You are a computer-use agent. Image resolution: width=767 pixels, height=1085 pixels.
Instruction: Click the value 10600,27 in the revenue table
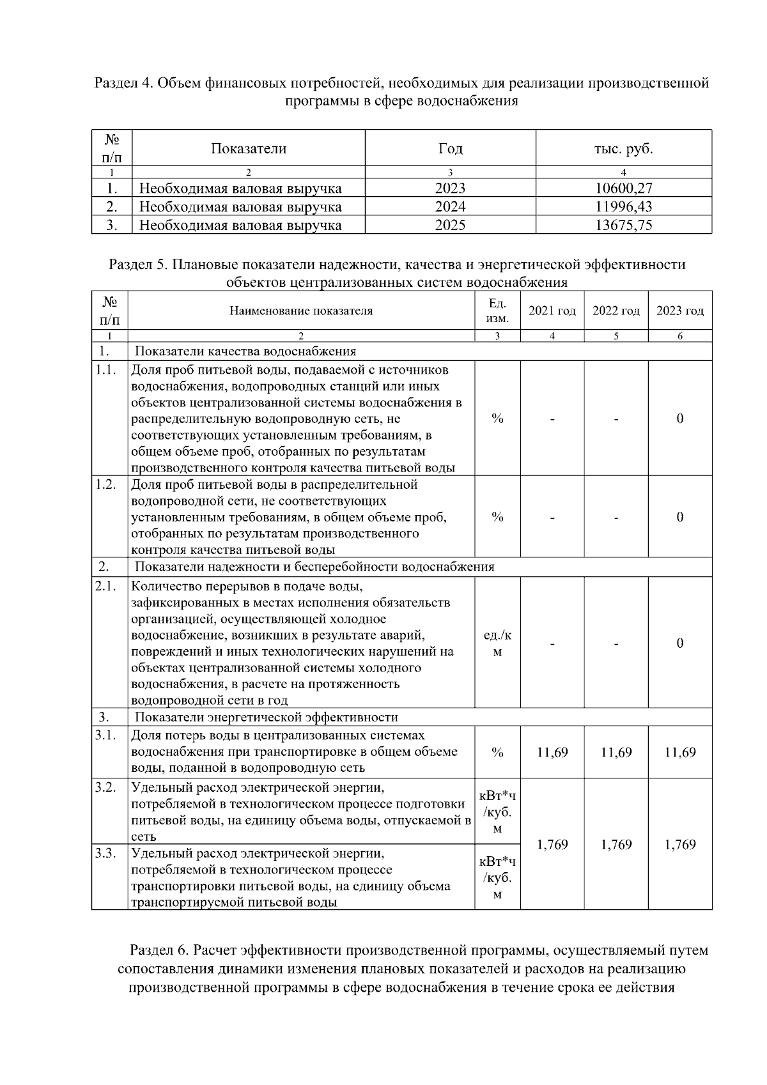(623, 189)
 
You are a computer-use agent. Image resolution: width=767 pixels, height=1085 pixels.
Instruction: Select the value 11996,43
(623, 207)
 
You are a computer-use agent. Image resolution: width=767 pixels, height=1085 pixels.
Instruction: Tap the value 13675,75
(623, 225)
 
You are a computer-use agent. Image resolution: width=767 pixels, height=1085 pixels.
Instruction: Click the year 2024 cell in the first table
(450, 207)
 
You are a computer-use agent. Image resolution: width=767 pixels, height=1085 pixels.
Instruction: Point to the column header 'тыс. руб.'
(623, 149)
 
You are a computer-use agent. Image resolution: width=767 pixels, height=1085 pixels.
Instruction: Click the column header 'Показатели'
(249, 149)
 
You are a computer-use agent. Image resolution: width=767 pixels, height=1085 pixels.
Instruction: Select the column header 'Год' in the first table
(450, 149)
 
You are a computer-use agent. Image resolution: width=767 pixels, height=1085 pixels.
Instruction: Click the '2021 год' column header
(552, 311)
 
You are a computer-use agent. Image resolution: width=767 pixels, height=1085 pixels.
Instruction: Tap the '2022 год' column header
(616, 311)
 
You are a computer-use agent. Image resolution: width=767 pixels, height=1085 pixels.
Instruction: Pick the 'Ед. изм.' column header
(497, 311)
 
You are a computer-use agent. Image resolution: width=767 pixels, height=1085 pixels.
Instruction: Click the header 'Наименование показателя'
(301, 311)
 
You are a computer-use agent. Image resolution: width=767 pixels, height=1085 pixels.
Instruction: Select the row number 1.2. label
(106, 484)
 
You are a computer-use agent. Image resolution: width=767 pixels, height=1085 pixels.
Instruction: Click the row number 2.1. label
(106, 587)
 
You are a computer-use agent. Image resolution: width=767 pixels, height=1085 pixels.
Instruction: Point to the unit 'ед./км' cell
(497, 643)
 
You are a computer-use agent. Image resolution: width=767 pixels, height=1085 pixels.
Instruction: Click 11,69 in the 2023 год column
(680, 753)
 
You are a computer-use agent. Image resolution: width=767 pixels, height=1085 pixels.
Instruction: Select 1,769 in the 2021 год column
(552, 845)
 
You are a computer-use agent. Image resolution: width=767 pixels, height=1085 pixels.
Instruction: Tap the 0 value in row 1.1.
(680, 419)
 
